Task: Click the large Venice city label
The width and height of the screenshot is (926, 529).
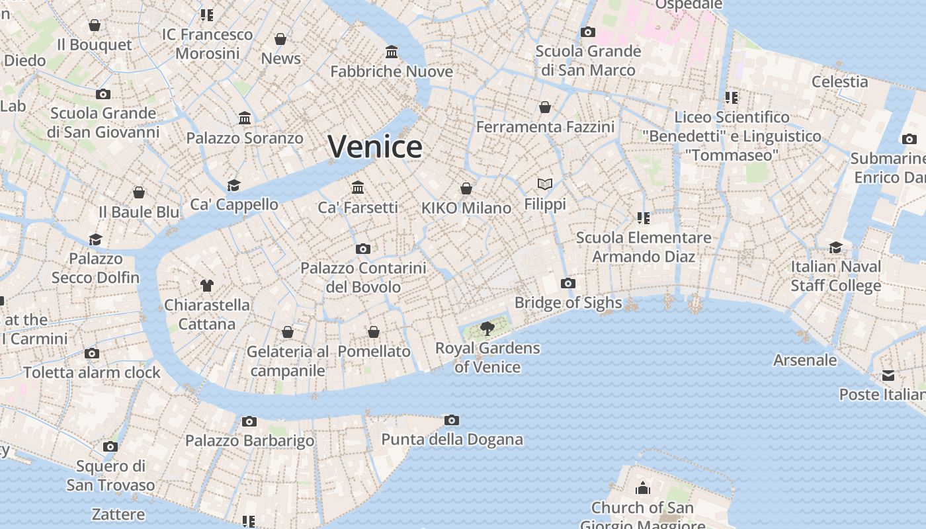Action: (x=375, y=146)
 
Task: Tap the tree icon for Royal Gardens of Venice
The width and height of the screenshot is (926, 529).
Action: (x=487, y=328)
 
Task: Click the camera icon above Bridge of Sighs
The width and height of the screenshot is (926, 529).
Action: (x=568, y=284)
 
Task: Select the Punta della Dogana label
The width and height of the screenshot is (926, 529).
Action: (x=452, y=439)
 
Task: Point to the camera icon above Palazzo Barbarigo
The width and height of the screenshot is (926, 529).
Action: (x=249, y=421)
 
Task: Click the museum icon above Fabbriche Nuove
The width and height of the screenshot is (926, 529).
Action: (x=392, y=52)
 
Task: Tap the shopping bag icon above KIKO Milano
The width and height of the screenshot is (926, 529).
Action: (x=466, y=188)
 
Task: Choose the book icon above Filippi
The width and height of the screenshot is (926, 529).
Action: (x=545, y=184)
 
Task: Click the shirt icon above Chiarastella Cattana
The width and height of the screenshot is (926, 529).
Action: (x=207, y=286)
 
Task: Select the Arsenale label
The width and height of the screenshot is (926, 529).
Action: (x=805, y=360)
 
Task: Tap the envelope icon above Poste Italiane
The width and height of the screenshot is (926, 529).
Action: (x=888, y=376)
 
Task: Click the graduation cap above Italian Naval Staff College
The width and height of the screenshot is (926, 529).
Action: (x=836, y=247)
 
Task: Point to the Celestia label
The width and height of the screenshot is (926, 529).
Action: (x=839, y=81)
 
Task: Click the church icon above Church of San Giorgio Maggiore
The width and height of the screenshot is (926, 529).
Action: (x=643, y=489)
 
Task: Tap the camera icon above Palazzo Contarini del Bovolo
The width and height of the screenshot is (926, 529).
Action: (x=362, y=249)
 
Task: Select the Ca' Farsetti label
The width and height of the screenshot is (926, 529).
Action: (x=358, y=208)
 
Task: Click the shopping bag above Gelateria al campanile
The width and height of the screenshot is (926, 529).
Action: (x=288, y=332)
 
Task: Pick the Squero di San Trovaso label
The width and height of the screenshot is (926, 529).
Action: (x=110, y=475)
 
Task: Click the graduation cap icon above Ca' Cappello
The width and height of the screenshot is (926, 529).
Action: (x=233, y=185)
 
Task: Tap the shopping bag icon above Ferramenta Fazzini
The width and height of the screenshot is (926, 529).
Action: (x=545, y=107)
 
